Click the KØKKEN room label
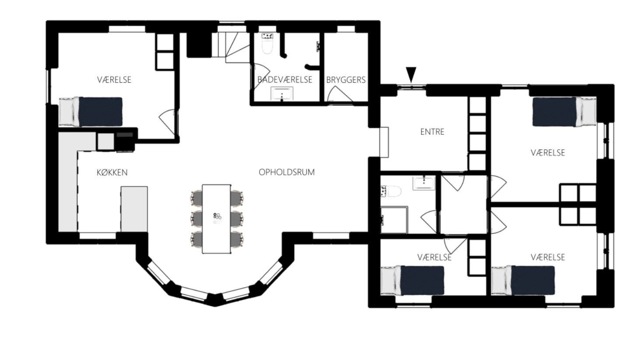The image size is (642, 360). coord(112,172)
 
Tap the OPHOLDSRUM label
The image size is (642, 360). coord(287,172)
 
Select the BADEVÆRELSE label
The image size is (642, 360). coord(284,80)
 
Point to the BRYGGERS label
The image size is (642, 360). coord(346,80)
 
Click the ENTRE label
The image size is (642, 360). coord(432,132)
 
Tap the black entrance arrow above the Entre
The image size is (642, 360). coord(411,75)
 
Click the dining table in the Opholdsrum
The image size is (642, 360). coord(216,219)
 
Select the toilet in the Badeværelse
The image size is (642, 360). coord(267,44)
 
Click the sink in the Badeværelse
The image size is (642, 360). coord(282,94)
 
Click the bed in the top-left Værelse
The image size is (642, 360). coord(91,112)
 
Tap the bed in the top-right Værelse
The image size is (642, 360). coord(565,112)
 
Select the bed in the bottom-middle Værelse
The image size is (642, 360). coord(412,280)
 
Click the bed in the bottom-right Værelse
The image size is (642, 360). coord(523,280)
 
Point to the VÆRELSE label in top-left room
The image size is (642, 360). coord(114,80)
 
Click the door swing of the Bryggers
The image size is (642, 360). coord(340,94)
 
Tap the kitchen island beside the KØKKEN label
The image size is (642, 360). coord(134,209)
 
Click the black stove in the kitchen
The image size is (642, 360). coord(125,141)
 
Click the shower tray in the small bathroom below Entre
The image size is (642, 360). coord(394,220)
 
